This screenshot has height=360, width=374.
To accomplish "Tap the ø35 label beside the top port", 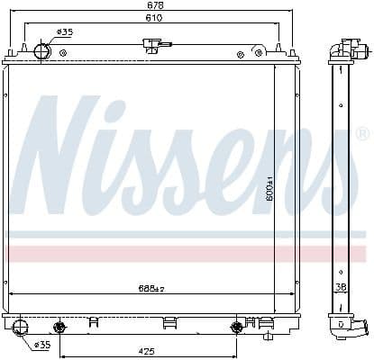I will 65,32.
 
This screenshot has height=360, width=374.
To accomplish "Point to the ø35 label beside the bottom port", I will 42,345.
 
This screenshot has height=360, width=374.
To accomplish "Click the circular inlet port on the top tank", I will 42,50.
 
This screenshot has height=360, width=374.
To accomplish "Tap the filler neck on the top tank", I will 153,45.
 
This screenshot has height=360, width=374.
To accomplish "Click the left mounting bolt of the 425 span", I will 61,327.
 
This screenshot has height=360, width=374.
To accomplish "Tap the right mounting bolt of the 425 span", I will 238,327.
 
